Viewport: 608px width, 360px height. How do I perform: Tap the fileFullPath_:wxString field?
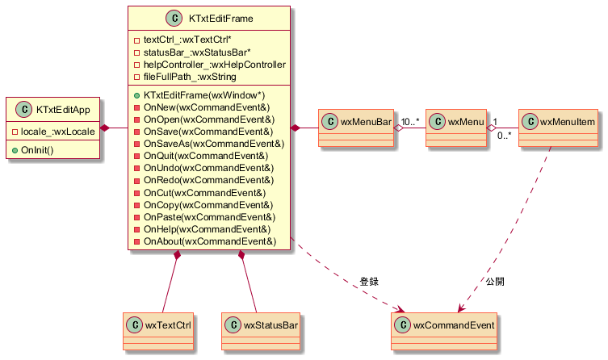click(x=190, y=77)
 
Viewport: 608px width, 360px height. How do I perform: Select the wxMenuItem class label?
click(x=568, y=122)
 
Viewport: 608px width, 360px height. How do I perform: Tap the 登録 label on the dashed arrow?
click(x=369, y=282)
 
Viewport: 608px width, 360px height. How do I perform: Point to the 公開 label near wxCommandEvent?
click(x=495, y=282)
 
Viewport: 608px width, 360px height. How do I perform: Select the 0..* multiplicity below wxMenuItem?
click(x=505, y=136)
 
